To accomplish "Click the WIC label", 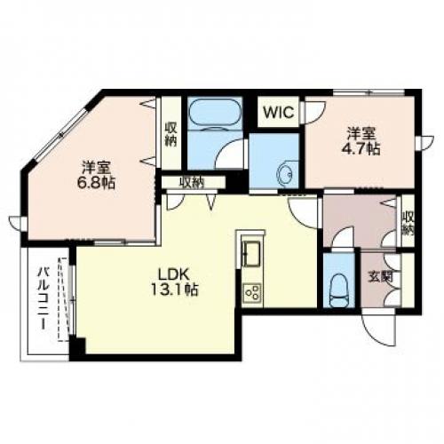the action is [x=279, y=112].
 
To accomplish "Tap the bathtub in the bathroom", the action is [x=215, y=114].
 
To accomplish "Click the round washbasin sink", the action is [x=285, y=175].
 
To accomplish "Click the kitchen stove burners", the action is [x=252, y=292].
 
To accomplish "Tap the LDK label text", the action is [x=174, y=275].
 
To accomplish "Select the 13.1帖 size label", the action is [x=175, y=289].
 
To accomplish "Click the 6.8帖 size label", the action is [x=96, y=183].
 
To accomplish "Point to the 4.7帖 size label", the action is [x=361, y=149].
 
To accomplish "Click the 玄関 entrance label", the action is [x=380, y=277].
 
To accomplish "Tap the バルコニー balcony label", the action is [x=43, y=298].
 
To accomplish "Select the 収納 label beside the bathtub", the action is [x=170, y=135].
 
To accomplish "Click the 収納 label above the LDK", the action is [x=193, y=183].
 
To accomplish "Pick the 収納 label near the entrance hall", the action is [x=408, y=225].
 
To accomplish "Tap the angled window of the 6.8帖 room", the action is [x=61, y=135].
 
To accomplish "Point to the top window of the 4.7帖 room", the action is [x=369, y=92].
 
